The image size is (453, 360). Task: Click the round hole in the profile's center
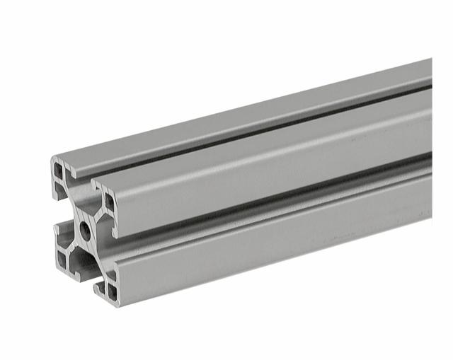85,228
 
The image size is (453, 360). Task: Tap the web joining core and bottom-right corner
98,258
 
